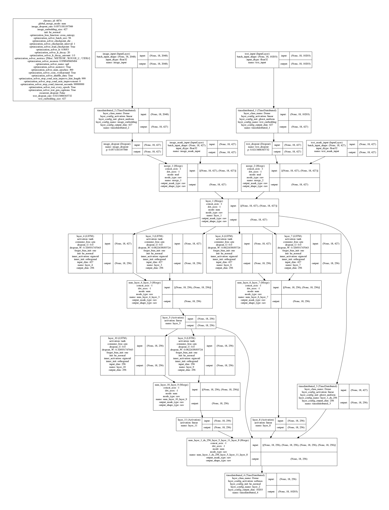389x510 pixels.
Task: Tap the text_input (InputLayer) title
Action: (257, 54)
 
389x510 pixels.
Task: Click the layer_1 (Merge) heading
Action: (214, 201)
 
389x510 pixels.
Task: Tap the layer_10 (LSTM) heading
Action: (117, 338)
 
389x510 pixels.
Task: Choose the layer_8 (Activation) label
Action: (263, 420)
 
